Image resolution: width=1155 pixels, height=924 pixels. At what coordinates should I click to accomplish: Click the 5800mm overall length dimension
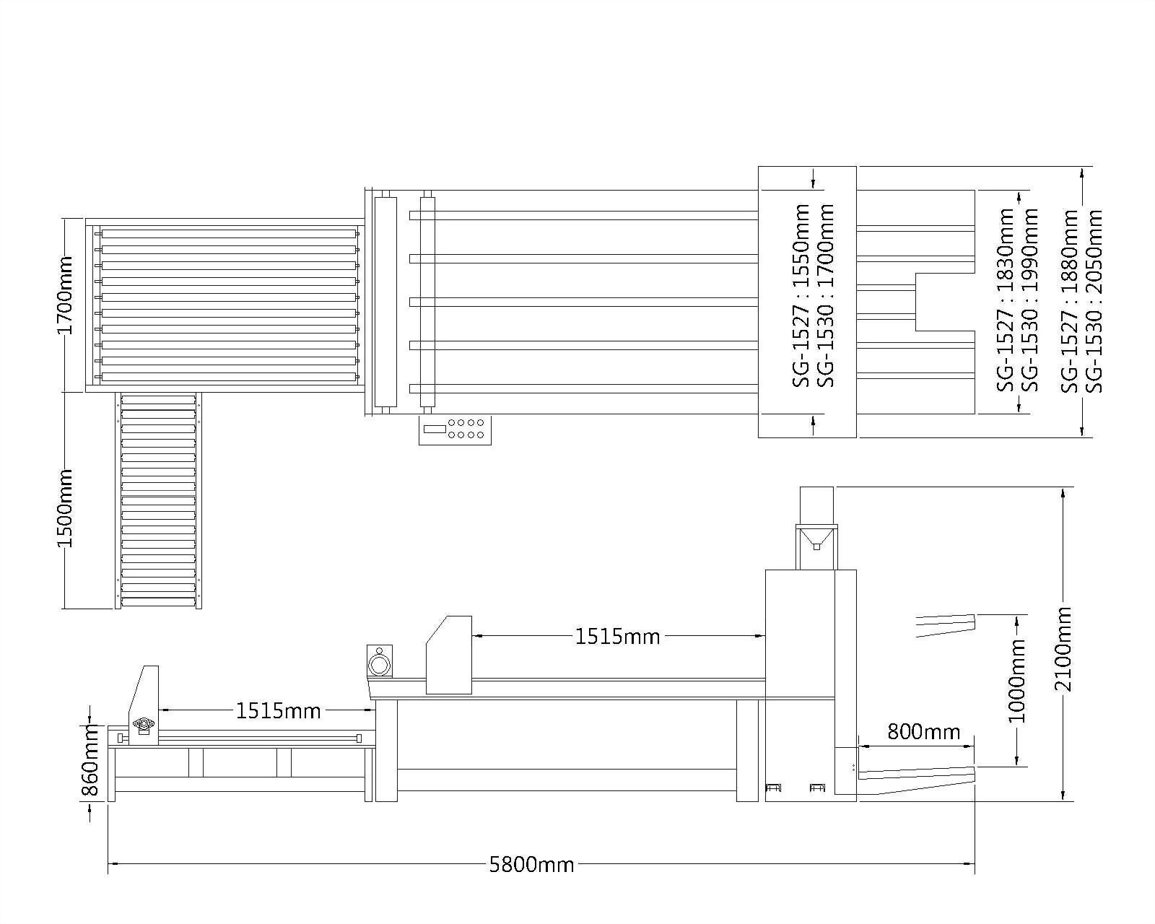pos(531,865)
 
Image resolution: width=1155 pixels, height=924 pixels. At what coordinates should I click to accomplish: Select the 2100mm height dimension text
pos(1063,649)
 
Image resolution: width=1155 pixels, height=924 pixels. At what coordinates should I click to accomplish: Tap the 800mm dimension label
pos(924,731)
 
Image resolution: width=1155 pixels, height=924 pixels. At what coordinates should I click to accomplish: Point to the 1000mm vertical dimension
pos(1016,681)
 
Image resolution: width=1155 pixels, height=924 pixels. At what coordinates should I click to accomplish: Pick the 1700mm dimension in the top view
pos(65,295)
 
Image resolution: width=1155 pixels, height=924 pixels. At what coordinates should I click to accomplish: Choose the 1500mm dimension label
pos(65,508)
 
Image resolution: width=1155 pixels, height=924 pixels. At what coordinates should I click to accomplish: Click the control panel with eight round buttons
pos(455,430)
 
